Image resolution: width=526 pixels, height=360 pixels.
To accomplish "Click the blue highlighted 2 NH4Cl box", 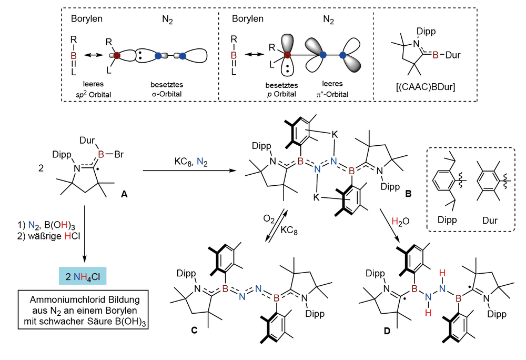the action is point(83,276).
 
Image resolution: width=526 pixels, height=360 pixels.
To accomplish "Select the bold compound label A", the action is point(124,194).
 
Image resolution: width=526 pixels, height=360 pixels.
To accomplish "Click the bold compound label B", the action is point(408,194).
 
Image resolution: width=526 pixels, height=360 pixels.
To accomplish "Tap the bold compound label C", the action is point(194,331).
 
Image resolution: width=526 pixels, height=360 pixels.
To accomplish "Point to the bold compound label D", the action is point(387,331).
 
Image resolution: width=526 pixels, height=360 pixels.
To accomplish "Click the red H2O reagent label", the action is point(400,222).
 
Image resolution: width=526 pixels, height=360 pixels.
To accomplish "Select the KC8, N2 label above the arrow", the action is point(191,162).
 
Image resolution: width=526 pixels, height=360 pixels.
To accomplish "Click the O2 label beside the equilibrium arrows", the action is point(269,219).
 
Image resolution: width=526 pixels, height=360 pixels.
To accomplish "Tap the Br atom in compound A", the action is point(119,154).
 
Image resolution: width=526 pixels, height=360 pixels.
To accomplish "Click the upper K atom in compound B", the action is point(335,135).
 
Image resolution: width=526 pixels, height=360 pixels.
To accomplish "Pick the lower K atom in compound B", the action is point(316,197).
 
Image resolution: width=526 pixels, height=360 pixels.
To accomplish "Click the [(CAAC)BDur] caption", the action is point(426,87).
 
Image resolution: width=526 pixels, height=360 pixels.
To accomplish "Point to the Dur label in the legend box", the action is point(490,221).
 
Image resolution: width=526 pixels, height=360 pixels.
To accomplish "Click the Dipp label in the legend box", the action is point(447,220).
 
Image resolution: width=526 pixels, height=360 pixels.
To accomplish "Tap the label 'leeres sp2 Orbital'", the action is point(93,89).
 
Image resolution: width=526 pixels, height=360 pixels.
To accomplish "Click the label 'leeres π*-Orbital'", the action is point(332,89).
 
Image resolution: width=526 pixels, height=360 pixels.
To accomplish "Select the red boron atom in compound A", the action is point(101,154).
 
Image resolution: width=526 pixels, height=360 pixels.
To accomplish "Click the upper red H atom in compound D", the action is point(442,273).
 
